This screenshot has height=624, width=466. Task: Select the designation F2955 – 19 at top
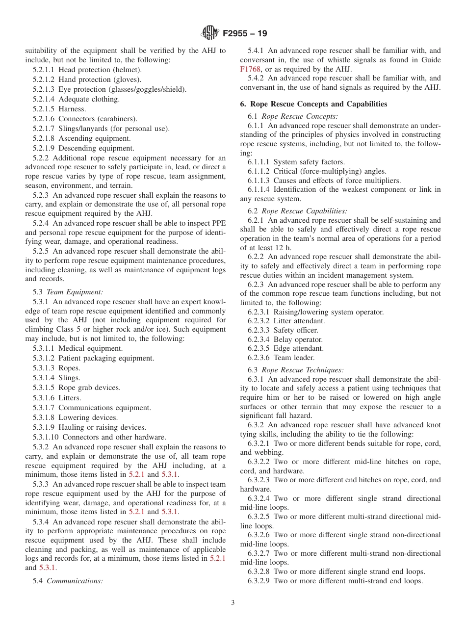[245, 34]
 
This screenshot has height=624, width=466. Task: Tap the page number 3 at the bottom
[233, 603]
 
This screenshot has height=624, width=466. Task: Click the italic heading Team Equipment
[75, 291]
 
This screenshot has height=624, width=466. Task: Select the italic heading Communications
[75, 581]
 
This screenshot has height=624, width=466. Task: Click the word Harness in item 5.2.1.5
[72, 109]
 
